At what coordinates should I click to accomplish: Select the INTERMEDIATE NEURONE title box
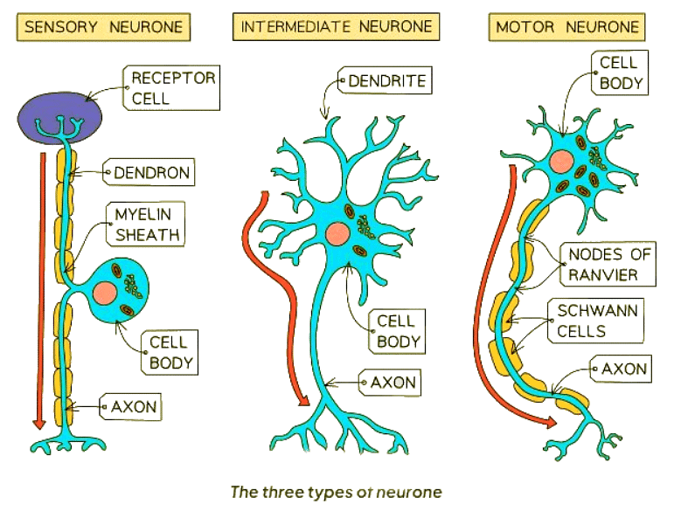pyautogui.click(x=336, y=26)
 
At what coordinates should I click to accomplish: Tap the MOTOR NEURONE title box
pyautogui.click(x=566, y=26)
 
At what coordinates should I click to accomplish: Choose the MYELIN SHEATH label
pyautogui.click(x=146, y=224)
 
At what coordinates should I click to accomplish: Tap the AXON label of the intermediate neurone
pyautogui.click(x=393, y=383)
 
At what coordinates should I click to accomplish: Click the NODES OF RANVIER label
pyautogui.click(x=609, y=265)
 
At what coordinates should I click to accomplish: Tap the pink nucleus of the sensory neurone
pyautogui.click(x=108, y=293)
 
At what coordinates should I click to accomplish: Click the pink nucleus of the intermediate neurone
pyautogui.click(x=337, y=232)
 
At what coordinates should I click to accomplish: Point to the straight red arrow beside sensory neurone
pyautogui.click(x=37, y=288)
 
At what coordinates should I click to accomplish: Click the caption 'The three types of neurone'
pyautogui.click(x=336, y=492)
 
